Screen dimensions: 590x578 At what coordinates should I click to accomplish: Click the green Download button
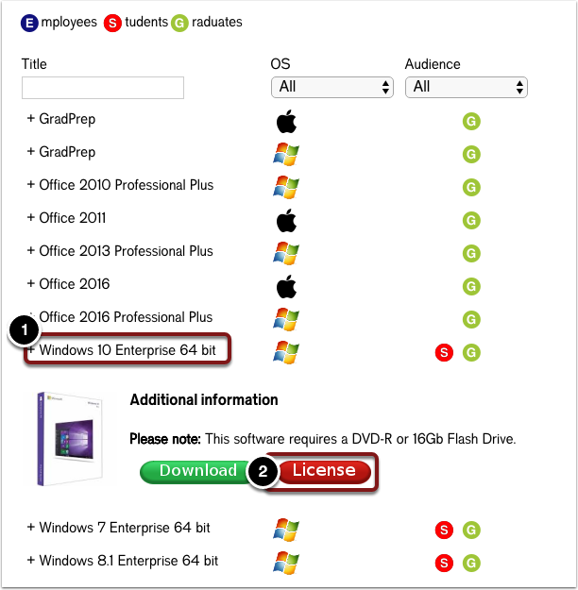(x=197, y=471)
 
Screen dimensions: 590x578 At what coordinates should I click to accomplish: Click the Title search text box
(x=102, y=88)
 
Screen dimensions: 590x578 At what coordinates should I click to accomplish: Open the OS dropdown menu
(x=331, y=87)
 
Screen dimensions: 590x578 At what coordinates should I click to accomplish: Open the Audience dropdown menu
(x=466, y=87)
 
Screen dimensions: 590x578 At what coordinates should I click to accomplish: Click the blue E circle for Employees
(x=29, y=22)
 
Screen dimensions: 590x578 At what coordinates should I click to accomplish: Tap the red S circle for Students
(x=112, y=22)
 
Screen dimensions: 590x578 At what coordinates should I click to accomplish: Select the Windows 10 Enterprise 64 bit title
(x=127, y=350)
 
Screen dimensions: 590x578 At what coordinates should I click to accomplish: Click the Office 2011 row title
(x=72, y=218)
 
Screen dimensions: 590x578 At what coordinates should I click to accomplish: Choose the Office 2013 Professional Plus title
(x=126, y=251)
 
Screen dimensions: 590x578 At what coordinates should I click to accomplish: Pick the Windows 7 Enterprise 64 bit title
(x=125, y=528)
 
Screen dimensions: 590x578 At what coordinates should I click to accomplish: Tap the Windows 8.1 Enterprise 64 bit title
(x=128, y=561)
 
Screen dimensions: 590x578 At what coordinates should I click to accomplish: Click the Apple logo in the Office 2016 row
(x=285, y=285)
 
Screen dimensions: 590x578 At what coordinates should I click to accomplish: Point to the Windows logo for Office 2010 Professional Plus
(x=285, y=186)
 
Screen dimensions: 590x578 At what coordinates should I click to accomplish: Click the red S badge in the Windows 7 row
(x=443, y=530)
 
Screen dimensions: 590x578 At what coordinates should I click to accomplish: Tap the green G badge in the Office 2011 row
(x=471, y=220)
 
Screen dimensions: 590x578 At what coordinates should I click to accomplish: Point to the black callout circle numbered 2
(x=263, y=472)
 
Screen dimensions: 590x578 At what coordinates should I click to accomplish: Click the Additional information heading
(x=204, y=400)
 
